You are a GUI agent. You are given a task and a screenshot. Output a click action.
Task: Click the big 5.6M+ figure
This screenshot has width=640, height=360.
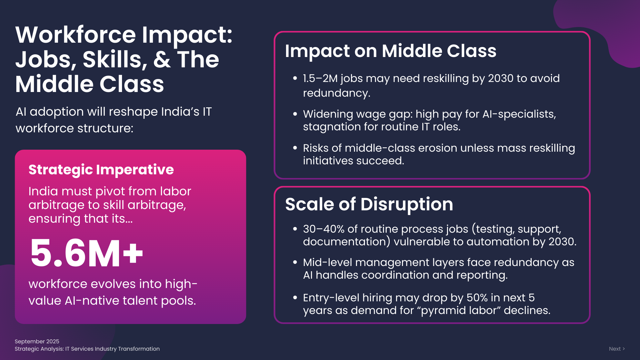87,253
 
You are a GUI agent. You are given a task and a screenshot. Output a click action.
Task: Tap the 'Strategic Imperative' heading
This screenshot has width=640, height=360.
101,170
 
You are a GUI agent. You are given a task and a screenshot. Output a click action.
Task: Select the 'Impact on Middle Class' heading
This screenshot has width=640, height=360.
391,51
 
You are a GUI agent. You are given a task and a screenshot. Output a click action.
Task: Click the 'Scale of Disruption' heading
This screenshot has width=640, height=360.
369,204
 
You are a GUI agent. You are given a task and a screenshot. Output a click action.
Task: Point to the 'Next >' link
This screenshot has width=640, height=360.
617,349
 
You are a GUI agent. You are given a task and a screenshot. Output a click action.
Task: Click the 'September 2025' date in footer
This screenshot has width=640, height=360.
37,341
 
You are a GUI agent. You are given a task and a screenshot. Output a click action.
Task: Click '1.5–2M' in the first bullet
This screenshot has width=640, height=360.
320,78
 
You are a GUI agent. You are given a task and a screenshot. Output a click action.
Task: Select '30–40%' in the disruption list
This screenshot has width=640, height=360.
324,229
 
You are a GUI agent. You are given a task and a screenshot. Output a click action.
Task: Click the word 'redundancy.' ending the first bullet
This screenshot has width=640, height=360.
337,93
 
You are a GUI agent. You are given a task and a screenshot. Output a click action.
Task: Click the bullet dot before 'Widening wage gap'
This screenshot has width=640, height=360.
295,114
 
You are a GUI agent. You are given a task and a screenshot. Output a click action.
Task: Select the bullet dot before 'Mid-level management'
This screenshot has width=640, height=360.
295,262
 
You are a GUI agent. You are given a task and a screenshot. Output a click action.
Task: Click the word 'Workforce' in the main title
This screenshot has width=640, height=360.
76,35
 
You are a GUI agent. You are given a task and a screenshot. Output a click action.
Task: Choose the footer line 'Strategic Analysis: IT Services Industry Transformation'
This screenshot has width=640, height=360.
87,349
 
